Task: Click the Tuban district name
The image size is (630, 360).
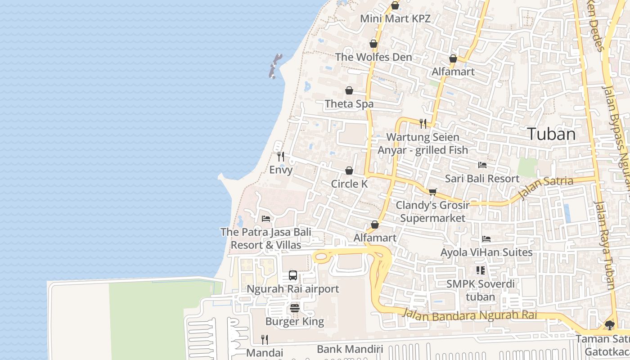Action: (x=551, y=134)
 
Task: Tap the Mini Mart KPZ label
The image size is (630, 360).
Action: (x=396, y=19)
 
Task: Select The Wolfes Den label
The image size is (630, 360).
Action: (x=373, y=57)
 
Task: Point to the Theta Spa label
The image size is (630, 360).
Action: (x=349, y=104)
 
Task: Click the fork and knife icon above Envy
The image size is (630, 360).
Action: (x=281, y=157)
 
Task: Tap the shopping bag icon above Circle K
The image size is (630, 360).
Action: (x=349, y=171)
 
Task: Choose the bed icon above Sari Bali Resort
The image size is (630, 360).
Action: (x=482, y=165)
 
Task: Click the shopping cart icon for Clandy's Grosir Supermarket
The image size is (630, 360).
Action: (x=433, y=192)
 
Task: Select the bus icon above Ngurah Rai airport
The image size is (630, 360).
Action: (x=293, y=275)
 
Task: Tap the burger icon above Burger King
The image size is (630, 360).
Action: (x=295, y=308)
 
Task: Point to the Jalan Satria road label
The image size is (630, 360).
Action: (x=545, y=188)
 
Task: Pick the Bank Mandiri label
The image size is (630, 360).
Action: (x=350, y=349)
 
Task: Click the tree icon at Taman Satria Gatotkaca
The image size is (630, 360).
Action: (x=610, y=325)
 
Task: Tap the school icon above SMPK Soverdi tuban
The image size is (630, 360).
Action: (x=481, y=270)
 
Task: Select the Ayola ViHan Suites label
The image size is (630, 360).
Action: (x=486, y=252)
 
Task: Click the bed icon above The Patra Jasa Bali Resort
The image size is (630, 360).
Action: (x=266, y=219)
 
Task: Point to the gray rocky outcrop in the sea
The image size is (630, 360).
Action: (x=275, y=66)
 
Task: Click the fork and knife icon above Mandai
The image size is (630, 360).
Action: (x=265, y=339)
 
